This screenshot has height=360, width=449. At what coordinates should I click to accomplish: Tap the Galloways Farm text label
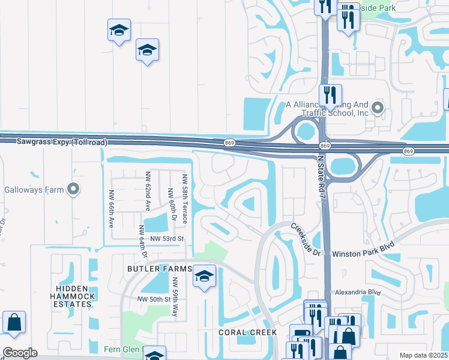(34, 190)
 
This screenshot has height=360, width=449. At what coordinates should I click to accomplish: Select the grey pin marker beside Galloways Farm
(73, 190)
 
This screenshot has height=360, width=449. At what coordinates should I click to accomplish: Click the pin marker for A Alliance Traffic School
(378, 108)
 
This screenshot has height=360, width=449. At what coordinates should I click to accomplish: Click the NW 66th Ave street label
(111, 208)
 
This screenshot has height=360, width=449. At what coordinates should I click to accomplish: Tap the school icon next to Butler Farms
(204, 277)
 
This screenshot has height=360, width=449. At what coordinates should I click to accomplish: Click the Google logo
(20, 353)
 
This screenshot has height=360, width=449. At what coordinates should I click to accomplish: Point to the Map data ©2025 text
(423, 355)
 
